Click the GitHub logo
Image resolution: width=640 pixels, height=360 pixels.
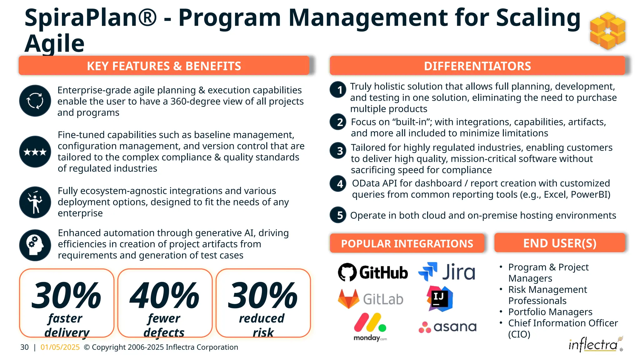point(373,272)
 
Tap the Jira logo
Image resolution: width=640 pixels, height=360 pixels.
point(447,272)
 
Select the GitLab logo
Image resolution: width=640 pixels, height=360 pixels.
point(371,299)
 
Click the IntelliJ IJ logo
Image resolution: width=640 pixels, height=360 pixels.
point(440,299)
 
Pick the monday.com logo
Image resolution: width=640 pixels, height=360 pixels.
point(370,327)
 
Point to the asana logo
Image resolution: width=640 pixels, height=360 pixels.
point(447,327)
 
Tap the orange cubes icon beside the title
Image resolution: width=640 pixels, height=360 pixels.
point(607,31)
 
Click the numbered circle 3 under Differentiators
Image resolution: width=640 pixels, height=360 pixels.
point(338,151)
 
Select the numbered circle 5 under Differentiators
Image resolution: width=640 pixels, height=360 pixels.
point(338,215)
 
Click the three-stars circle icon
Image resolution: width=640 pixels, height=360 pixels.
point(35,152)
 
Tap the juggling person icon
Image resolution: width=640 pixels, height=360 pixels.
point(35,202)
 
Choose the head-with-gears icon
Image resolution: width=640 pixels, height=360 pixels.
point(35,245)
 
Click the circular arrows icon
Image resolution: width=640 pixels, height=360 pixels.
point(35,101)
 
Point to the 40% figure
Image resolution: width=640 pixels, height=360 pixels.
point(165,295)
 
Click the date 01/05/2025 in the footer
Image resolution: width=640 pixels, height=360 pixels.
point(60,347)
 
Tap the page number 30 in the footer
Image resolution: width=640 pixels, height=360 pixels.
point(24,347)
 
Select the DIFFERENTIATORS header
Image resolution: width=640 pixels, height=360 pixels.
point(477,66)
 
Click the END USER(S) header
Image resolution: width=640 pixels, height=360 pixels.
point(560,243)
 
